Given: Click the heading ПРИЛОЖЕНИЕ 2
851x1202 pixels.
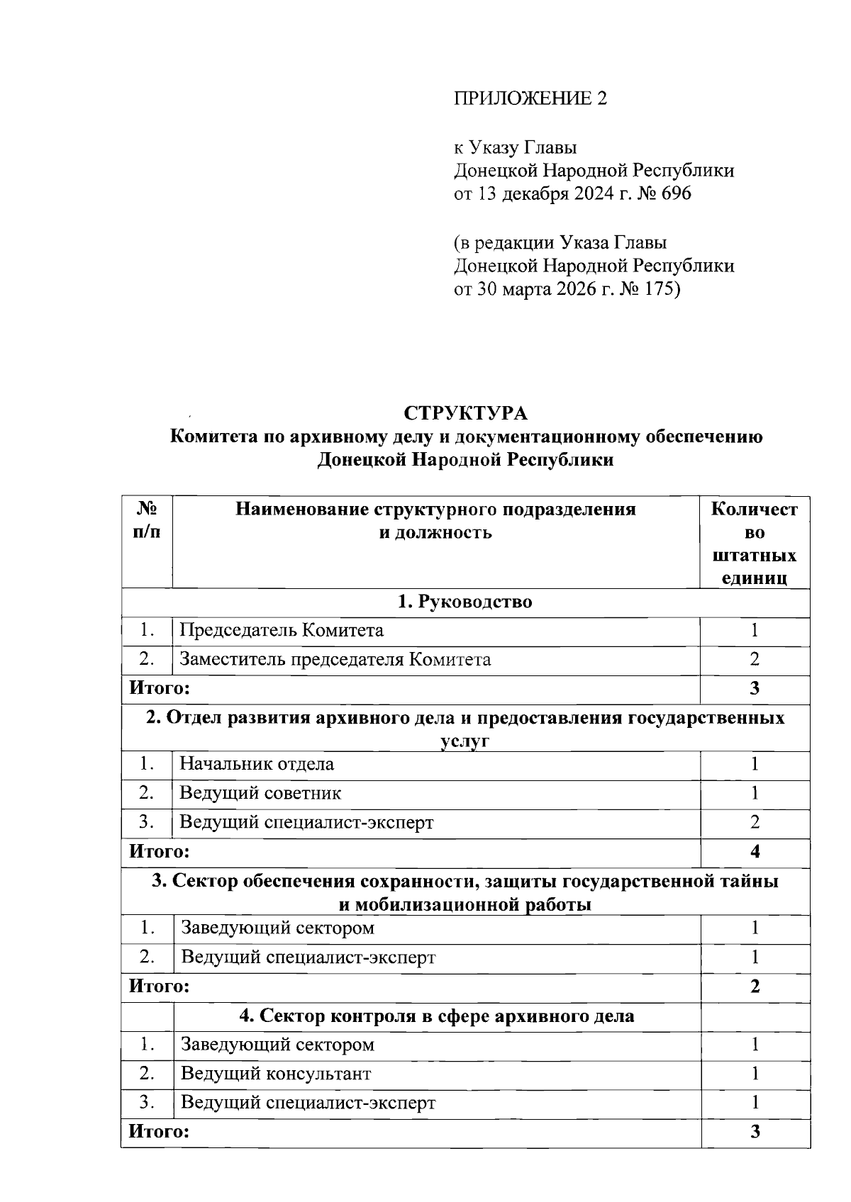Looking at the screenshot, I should point(530,99).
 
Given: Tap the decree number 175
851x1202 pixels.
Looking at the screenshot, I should point(660,289).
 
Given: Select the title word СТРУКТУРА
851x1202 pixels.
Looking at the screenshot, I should point(466,413).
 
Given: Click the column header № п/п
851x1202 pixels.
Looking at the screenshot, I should point(147,521).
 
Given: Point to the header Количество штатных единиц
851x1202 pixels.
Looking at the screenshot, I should point(754,543).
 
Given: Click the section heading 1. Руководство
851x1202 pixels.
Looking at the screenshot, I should point(465,602).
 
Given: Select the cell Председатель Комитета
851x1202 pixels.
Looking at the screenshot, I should point(282,630).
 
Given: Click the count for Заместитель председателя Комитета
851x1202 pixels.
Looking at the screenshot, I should point(755,660).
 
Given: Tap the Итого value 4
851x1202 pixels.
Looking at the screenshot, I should point(755,852).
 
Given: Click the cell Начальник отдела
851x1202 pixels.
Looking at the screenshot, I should point(257,764).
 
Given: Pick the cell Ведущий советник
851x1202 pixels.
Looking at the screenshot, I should point(260,793).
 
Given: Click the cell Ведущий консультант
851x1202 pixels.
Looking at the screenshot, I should point(276,1074).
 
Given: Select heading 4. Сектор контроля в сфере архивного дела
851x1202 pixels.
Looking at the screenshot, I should point(437,1016).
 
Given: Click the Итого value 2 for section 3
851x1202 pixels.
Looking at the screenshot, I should point(755,987).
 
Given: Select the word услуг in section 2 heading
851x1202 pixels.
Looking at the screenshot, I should point(465,741).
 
